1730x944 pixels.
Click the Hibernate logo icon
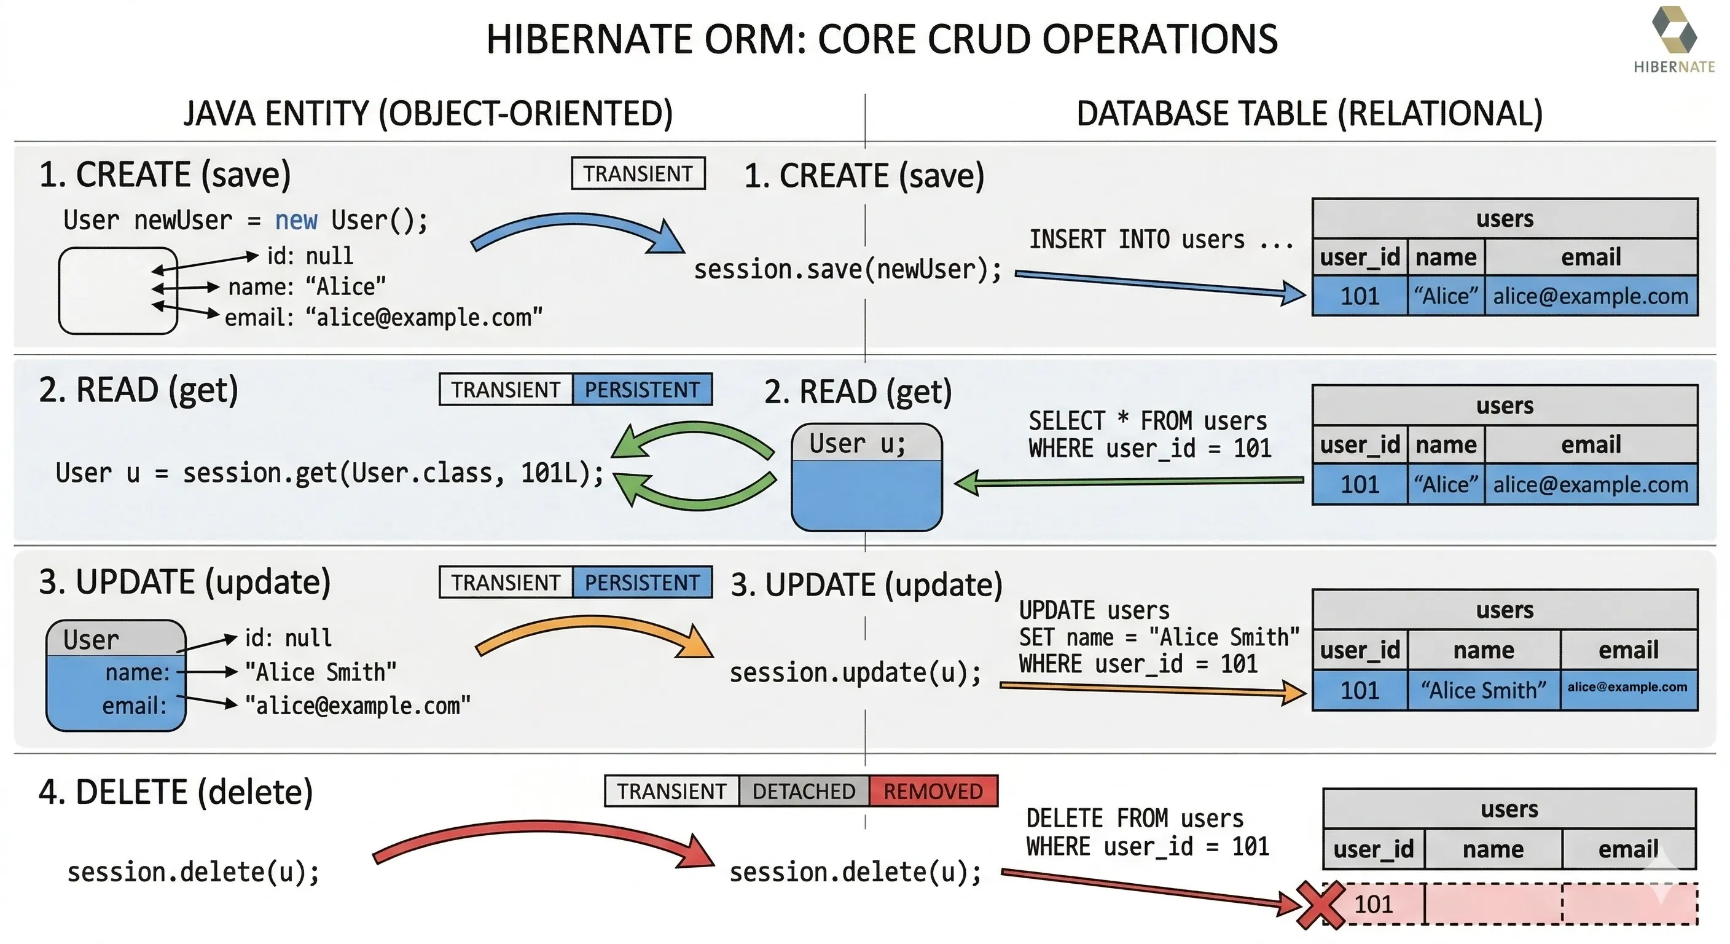[x=1673, y=30]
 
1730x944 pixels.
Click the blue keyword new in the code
[x=296, y=221]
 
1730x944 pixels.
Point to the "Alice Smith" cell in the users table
[x=1483, y=690]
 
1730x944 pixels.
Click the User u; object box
[x=866, y=477]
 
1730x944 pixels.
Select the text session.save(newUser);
[x=848, y=269]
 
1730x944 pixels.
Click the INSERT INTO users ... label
[x=1161, y=240]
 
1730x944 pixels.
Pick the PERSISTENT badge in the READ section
[x=641, y=390]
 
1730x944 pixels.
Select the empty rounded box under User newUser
[x=117, y=290]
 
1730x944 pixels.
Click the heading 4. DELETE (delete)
[x=176, y=792]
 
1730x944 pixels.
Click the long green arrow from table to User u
[x=1129, y=482]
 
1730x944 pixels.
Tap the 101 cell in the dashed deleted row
[x=1374, y=904]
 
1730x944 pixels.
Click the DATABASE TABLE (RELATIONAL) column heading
[x=1309, y=113]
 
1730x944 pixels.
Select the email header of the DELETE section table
[x=1628, y=849]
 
